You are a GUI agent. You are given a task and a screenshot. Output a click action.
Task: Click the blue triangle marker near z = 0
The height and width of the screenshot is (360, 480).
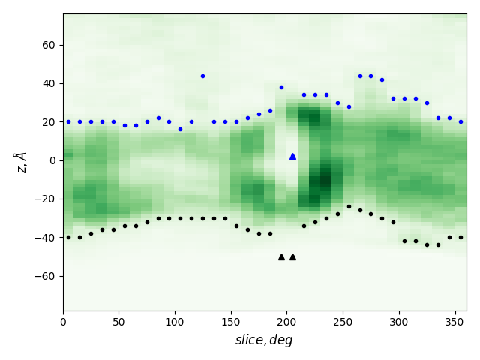click(292, 156)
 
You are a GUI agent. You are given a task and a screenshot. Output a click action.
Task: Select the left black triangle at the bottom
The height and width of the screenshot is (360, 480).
click(281, 256)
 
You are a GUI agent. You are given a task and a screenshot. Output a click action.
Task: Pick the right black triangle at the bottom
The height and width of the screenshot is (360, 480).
click(292, 256)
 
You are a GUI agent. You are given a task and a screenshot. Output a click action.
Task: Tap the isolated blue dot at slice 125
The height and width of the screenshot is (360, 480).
click(202, 76)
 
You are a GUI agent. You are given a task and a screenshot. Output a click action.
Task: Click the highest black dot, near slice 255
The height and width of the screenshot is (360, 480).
click(349, 206)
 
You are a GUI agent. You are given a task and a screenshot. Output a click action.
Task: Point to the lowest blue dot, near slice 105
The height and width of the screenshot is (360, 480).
click(180, 129)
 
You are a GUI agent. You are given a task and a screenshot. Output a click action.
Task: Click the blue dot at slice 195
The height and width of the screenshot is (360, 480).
click(281, 87)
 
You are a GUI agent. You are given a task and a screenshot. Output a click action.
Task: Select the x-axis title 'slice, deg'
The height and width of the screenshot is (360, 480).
click(264, 340)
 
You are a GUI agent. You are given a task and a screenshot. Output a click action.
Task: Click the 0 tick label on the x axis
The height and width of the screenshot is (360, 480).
click(63, 322)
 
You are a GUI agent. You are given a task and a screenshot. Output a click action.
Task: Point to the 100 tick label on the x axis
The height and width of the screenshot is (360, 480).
click(175, 322)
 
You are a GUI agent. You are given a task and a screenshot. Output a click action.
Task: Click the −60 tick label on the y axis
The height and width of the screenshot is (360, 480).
click(46, 276)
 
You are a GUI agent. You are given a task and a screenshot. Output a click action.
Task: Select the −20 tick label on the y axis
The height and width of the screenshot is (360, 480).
click(46, 199)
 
